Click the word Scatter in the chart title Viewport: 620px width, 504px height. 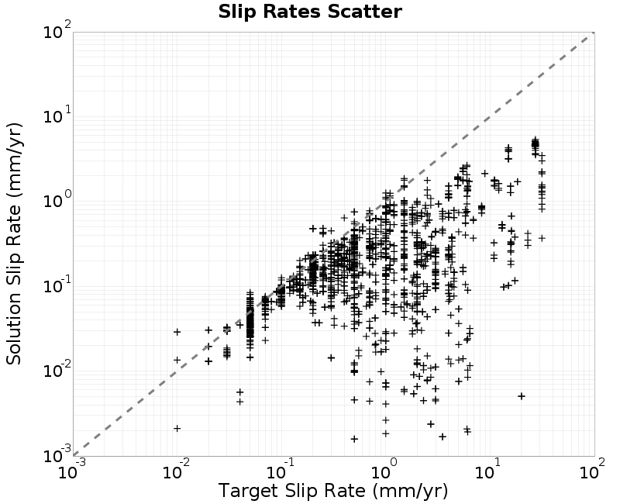pos(364,11)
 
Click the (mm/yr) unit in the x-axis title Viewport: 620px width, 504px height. pos(410,491)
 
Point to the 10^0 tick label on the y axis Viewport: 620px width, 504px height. pos(57,199)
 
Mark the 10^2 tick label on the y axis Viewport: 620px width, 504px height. pos(57,29)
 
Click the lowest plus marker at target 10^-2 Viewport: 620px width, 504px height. pos(177,428)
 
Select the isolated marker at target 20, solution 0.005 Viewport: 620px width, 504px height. pos(522,396)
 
